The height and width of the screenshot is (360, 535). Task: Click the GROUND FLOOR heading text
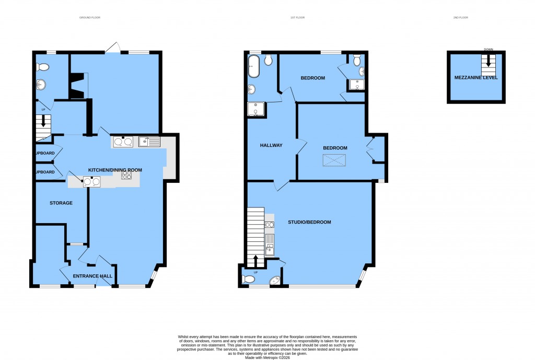pyautogui.click(x=89, y=18)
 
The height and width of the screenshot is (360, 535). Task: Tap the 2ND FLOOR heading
pyautogui.click(x=461, y=18)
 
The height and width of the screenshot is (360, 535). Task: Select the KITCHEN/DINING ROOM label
pyautogui.click(x=115, y=170)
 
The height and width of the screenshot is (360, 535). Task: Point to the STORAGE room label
pyautogui.click(x=61, y=203)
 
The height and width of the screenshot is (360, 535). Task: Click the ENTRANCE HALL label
pyautogui.click(x=92, y=276)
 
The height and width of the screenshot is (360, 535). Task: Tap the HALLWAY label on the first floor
pyautogui.click(x=271, y=145)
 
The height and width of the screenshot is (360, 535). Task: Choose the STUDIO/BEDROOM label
pyautogui.click(x=309, y=222)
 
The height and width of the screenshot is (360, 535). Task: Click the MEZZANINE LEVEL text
pyautogui.click(x=476, y=77)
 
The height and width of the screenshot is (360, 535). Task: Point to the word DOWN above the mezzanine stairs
pyautogui.click(x=489, y=50)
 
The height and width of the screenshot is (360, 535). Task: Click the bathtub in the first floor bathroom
pyautogui.click(x=253, y=66)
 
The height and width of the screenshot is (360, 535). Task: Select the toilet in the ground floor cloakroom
pyautogui.click(x=42, y=67)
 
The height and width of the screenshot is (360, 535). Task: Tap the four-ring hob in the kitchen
pyautogui.click(x=126, y=176)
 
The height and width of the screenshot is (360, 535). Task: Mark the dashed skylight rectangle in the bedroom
pyautogui.click(x=335, y=161)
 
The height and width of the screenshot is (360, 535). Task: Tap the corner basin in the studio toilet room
pyautogui.click(x=275, y=282)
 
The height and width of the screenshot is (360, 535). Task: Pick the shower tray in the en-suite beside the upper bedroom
pyautogui.click(x=357, y=84)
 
